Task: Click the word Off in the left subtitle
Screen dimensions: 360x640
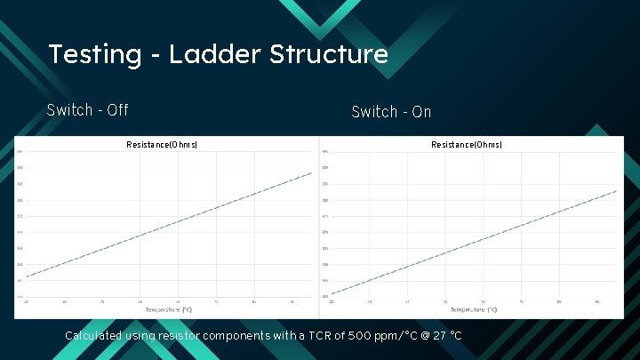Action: pyautogui.click(x=116, y=110)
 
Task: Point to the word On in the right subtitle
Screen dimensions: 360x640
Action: pyautogui.click(x=421, y=112)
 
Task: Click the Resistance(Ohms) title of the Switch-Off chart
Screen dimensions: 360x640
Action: pyautogui.click(x=162, y=144)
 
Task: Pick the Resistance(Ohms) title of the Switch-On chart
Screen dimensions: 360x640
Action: pyautogui.click(x=467, y=144)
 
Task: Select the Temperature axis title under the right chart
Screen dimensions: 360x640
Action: pyautogui.click(x=474, y=309)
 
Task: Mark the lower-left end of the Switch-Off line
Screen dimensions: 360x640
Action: pyautogui.click(x=26, y=277)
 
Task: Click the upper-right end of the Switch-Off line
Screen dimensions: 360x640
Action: pyautogui.click(x=312, y=172)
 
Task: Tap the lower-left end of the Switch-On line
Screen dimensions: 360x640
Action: pyautogui.click(x=331, y=293)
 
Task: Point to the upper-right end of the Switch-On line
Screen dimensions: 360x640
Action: pyautogui.click(x=616, y=190)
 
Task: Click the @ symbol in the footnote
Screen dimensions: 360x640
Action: pyautogui.click(x=420, y=336)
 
